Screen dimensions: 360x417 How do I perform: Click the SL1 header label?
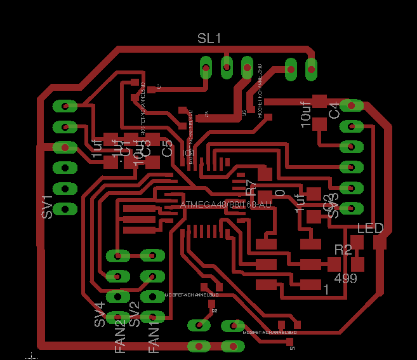click(209, 39)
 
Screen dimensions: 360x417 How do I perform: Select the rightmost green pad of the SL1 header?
click(311, 69)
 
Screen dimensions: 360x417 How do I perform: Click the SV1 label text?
click(47, 207)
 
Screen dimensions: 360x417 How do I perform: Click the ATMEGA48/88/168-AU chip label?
click(226, 204)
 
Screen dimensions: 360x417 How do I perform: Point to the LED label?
click(370, 228)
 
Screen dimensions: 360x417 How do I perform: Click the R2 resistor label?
click(343, 250)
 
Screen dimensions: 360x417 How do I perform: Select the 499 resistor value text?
click(345, 278)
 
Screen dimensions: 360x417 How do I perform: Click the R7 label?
click(251, 187)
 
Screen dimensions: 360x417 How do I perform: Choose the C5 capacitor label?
click(168, 149)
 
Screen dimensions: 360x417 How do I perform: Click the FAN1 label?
click(154, 338)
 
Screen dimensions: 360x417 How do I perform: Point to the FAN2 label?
click(121, 337)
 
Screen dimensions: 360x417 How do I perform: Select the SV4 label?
click(100, 315)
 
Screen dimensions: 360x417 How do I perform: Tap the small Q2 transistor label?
click(214, 311)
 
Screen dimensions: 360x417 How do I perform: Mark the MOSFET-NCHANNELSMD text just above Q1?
click(270, 332)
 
